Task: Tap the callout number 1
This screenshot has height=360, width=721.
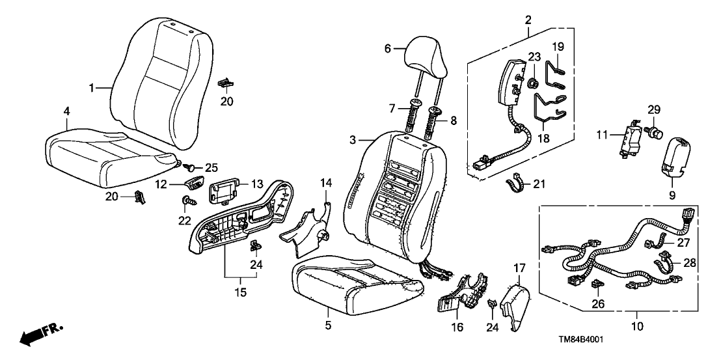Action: click(x=92, y=87)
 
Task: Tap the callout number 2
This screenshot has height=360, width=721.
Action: click(x=528, y=19)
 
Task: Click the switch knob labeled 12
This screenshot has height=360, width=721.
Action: click(x=194, y=185)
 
